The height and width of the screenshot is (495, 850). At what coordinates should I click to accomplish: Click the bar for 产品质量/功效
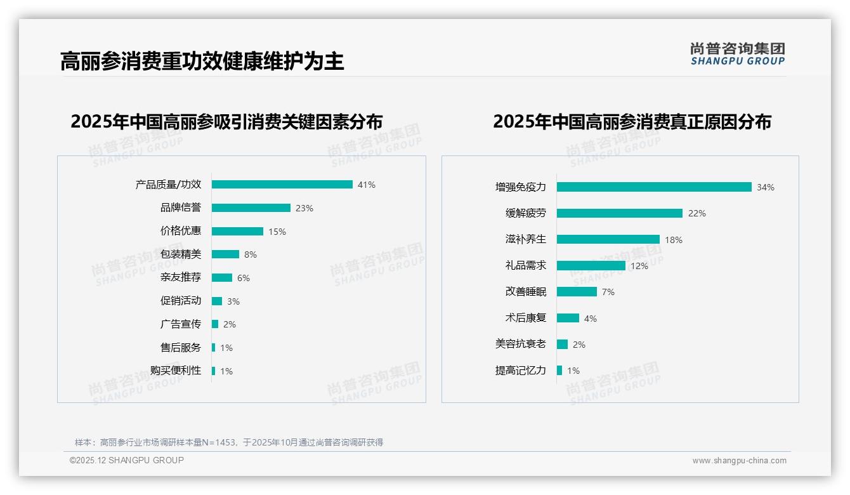point(282,185)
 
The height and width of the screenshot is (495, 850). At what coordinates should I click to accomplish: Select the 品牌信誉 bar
point(251,208)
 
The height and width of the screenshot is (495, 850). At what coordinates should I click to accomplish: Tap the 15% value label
point(277,232)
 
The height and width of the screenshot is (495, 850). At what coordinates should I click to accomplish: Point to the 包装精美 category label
point(181,254)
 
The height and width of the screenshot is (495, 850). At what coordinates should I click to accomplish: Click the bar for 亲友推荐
point(222,278)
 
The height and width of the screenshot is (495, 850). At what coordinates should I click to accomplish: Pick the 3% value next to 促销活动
point(233,301)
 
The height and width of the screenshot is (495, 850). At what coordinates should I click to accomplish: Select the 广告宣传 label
point(181,324)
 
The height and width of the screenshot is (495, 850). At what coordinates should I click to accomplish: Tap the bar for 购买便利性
point(214,371)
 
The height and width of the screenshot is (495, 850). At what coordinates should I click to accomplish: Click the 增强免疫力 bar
point(654,187)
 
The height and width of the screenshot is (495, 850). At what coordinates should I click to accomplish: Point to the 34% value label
point(766,188)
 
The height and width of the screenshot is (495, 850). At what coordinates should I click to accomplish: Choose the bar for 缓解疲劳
point(620,213)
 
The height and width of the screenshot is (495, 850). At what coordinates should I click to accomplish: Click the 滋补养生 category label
point(526,239)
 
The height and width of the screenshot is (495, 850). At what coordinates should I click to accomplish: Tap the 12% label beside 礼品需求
point(639,267)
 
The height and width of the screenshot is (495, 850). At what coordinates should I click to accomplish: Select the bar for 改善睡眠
point(577,292)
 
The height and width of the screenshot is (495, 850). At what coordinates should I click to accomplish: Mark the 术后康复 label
point(526,318)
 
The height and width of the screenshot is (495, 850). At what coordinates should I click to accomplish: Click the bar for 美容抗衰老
point(562,345)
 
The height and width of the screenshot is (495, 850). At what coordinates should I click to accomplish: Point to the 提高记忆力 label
point(521,371)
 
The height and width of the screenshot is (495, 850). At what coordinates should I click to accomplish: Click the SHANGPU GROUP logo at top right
point(738,54)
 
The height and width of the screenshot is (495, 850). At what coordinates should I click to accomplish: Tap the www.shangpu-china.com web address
point(739,461)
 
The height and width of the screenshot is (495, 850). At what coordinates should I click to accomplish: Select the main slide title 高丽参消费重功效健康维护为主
point(202,62)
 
